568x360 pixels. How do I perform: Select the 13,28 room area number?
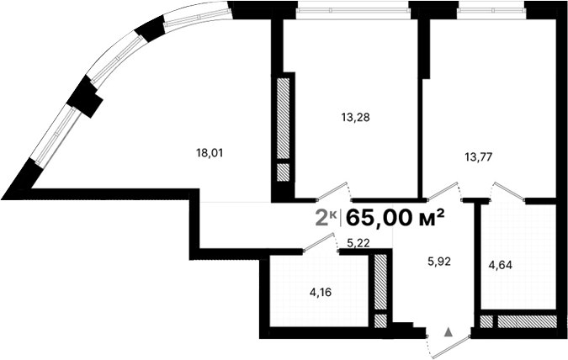[x=356, y=118]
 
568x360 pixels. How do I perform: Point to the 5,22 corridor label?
[x=360, y=243]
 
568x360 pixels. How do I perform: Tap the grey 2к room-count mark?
[x=326, y=219]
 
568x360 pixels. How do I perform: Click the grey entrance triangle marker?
[x=448, y=333]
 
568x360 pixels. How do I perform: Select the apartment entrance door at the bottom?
[x=446, y=342]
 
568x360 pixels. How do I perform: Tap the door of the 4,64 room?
[x=509, y=192]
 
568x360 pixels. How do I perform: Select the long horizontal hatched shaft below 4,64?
[x=525, y=320]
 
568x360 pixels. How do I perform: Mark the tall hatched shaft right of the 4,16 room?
[x=380, y=282]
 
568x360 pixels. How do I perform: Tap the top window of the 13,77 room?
[x=492, y=12]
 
